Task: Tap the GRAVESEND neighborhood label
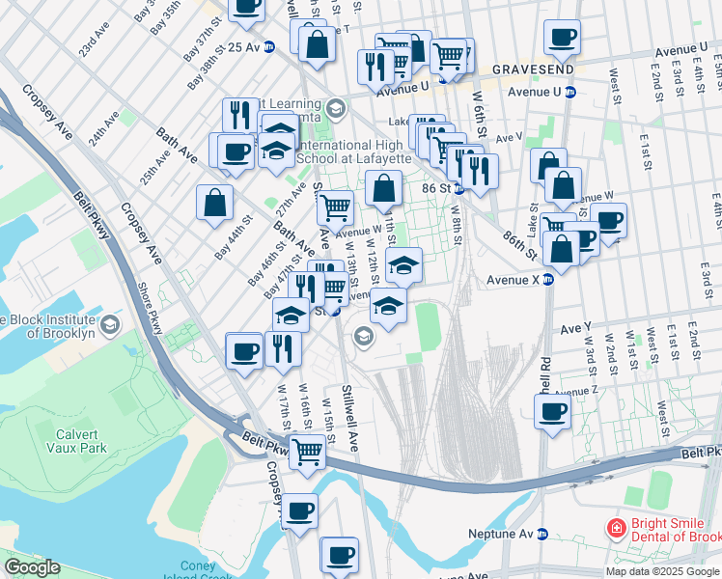(x=534, y=70)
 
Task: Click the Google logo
(x=31, y=567)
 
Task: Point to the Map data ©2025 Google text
(x=662, y=571)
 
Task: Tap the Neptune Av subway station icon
(x=542, y=534)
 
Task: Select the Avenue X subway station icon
(x=546, y=280)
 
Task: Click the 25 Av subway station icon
(x=272, y=46)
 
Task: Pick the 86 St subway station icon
(x=461, y=189)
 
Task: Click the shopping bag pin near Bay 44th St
(x=214, y=202)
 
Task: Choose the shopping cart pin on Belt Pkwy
(x=307, y=449)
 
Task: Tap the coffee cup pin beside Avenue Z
(x=553, y=411)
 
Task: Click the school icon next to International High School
(x=335, y=106)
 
